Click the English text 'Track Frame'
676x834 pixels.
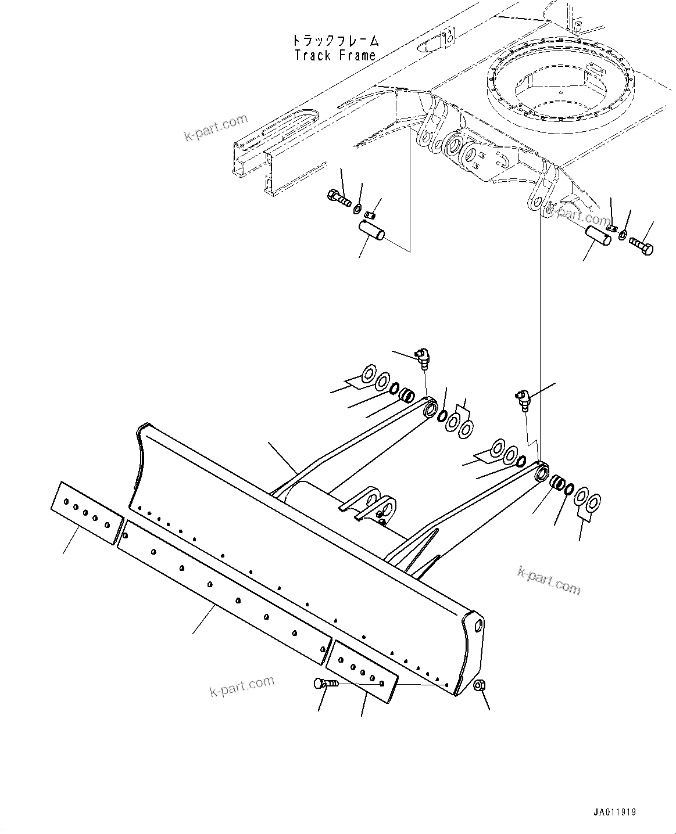click(x=335, y=56)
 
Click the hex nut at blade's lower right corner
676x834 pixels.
click(x=480, y=686)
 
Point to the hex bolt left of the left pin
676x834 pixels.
click(x=338, y=199)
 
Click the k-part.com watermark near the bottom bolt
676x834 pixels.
click(x=241, y=686)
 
